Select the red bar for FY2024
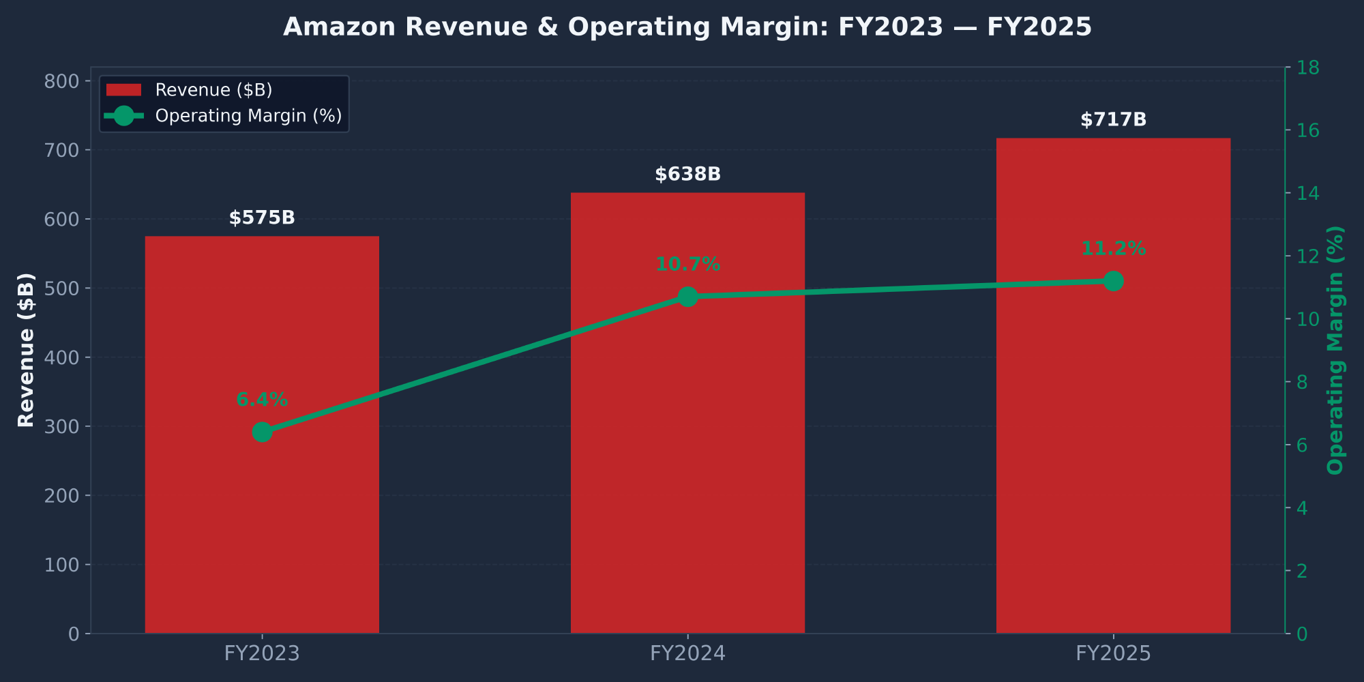tap(687, 477)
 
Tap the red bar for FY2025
tap(1113, 443)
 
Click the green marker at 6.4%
tap(262, 432)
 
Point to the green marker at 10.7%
tap(687, 297)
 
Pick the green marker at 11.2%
tap(1113, 281)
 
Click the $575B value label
tap(262, 218)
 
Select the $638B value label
tap(687, 175)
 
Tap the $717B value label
tap(1113, 120)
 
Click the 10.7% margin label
tap(687, 265)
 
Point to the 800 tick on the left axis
tap(62, 82)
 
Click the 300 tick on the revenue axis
tap(62, 427)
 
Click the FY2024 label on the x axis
tap(687, 654)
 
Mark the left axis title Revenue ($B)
tap(26, 350)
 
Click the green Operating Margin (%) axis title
tap(1335, 350)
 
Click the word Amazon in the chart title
tap(339, 27)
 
